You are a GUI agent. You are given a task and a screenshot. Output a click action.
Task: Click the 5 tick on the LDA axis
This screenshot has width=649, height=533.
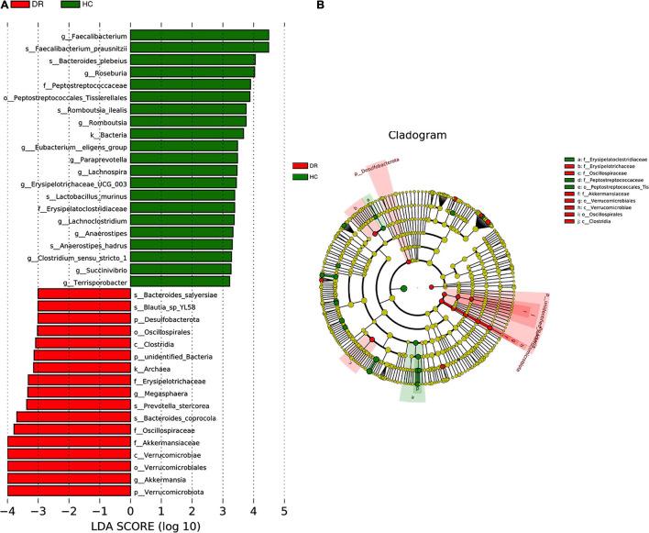click(284, 510)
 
